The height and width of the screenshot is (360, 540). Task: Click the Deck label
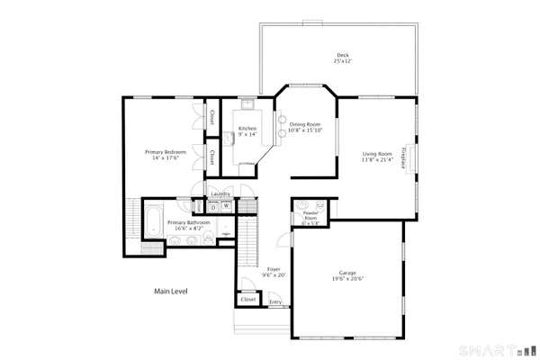click(341, 56)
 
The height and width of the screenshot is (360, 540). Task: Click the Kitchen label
click(247, 129)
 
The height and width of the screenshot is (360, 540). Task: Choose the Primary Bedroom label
click(166, 152)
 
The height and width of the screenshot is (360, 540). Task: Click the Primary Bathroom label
click(188, 221)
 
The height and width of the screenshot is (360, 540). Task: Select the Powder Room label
click(310, 217)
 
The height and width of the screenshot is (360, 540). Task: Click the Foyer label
click(274, 269)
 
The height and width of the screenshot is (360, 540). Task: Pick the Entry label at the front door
click(275, 301)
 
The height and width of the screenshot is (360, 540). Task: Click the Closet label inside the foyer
click(247, 300)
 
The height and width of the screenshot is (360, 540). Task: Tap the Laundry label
click(220, 193)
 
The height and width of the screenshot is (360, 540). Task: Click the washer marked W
click(227, 206)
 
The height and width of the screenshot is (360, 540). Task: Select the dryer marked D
click(213, 206)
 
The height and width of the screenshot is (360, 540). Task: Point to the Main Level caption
click(171, 291)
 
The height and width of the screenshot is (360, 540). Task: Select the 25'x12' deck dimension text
click(341, 62)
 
